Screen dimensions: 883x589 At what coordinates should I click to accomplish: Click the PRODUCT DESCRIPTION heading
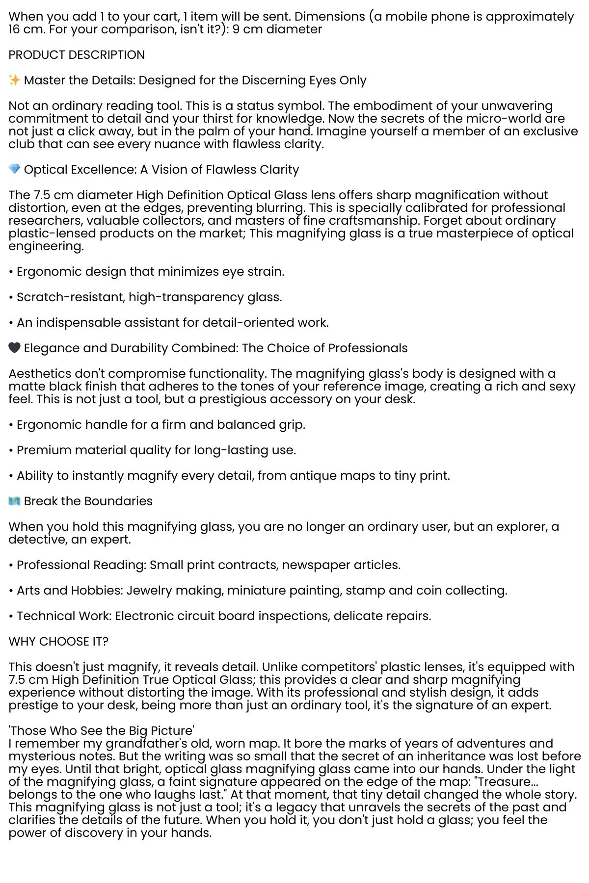pos(77,54)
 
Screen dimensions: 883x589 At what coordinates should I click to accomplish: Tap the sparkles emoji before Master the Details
pos(14,80)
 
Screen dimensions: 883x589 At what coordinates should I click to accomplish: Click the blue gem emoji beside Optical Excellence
pos(14,169)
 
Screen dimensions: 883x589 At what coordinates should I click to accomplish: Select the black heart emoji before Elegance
pos(14,348)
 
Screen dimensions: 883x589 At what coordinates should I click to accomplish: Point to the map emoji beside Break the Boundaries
pos(14,501)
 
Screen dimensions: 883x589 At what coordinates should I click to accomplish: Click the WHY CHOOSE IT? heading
pos(58,641)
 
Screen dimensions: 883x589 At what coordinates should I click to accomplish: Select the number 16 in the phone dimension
pos(14,29)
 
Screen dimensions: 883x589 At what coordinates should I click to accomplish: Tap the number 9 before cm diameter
pos(236,29)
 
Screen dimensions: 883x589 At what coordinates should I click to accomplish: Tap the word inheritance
pos(459,756)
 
